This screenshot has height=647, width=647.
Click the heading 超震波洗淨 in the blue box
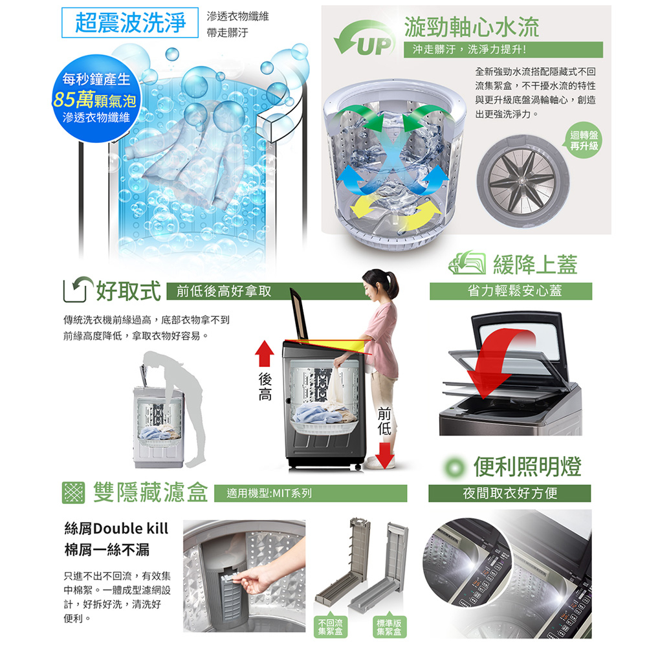(x=130, y=23)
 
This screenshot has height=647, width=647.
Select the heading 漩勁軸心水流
(x=472, y=27)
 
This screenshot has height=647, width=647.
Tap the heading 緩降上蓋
(x=535, y=265)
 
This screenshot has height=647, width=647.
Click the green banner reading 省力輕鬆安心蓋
(x=511, y=291)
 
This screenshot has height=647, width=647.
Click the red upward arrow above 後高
(x=265, y=354)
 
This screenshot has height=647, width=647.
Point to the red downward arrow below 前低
(x=384, y=455)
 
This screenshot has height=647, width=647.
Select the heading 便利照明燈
(x=527, y=466)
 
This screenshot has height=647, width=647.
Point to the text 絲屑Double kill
(x=116, y=529)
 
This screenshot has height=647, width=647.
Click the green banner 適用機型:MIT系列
(x=311, y=493)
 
